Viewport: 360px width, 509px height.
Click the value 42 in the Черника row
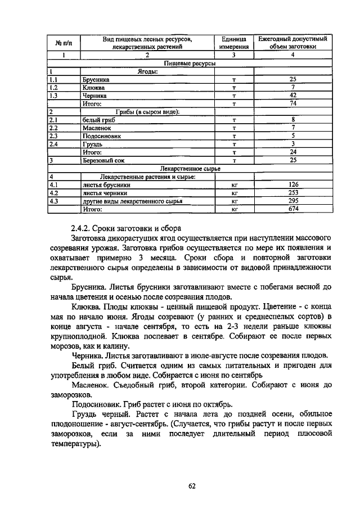pyautogui.click(x=292, y=96)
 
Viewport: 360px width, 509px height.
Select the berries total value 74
pyautogui.click(x=292, y=103)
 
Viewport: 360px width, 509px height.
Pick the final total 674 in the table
pyautogui.click(x=292, y=209)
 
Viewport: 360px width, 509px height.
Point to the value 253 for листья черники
pyautogui.click(x=292, y=192)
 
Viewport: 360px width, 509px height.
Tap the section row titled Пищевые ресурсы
pyautogui.click(x=189, y=64)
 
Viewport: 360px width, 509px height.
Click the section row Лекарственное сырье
pyautogui.click(x=190, y=168)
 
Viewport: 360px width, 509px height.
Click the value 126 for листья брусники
pyautogui.click(x=292, y=184)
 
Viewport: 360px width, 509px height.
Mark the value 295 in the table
pyautogui.click(x=292, y=200)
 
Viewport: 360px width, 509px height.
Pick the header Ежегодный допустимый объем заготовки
pyautogui.click(x=292, y=43)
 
